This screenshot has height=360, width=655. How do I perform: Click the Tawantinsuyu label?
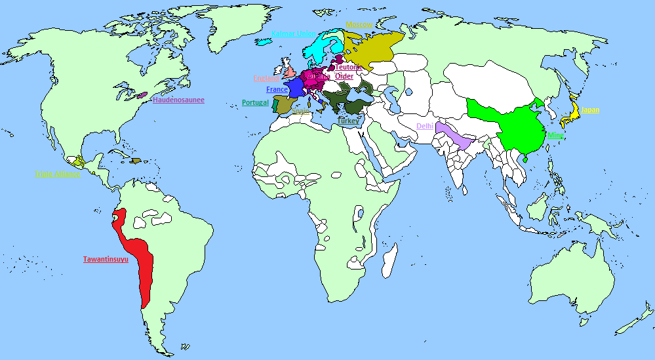[106, 259]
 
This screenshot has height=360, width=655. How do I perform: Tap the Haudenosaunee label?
[178, 100]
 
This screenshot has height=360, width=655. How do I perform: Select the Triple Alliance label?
[58, 174]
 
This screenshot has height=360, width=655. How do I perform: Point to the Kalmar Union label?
[293, 33]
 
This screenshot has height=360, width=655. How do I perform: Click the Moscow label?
[359, 25]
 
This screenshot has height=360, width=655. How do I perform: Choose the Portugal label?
[255, 102]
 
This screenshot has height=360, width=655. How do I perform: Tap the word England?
[267, 79]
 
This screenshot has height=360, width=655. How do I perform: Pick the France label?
[277, 89]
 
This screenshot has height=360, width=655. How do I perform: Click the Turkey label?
[349, 121]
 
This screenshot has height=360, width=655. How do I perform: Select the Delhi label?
[425, 126]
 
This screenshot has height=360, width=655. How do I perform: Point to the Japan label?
[590, 110]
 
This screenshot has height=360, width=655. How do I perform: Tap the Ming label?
[555, 135]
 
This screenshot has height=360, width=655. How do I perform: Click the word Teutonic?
[349, 67]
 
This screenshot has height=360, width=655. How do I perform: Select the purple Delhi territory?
[458, 138]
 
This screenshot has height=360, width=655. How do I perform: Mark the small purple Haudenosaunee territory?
[142, 96]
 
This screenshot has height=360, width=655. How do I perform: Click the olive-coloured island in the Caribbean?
[136, 161]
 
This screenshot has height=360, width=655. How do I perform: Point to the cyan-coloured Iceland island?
[264, 41]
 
